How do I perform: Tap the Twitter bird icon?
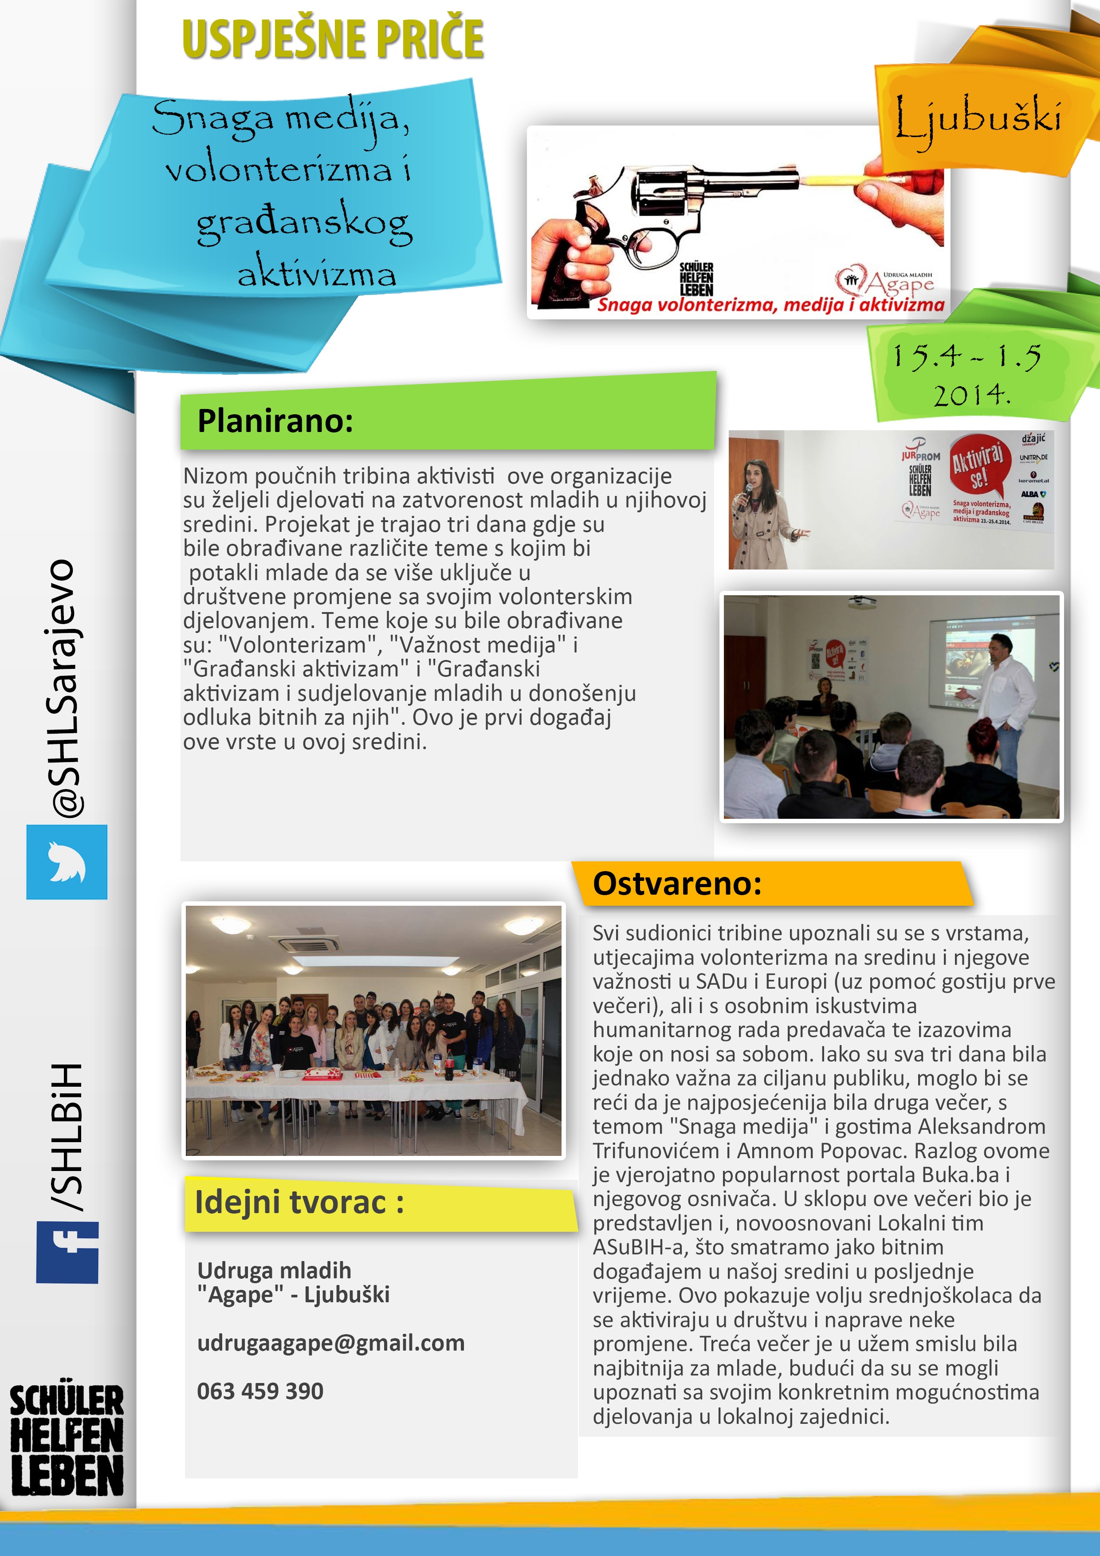tap(67, 861)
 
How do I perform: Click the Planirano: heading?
tap(275, 421)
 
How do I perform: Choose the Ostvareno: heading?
tap(677, 884)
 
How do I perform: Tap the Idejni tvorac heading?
tap(299, 1202)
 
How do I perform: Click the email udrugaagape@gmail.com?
tap(331, 1343)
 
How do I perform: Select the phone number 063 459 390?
tap(260, 1391)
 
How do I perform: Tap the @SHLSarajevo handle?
tap(66, 688)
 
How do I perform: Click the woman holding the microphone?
tap(758, 508)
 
